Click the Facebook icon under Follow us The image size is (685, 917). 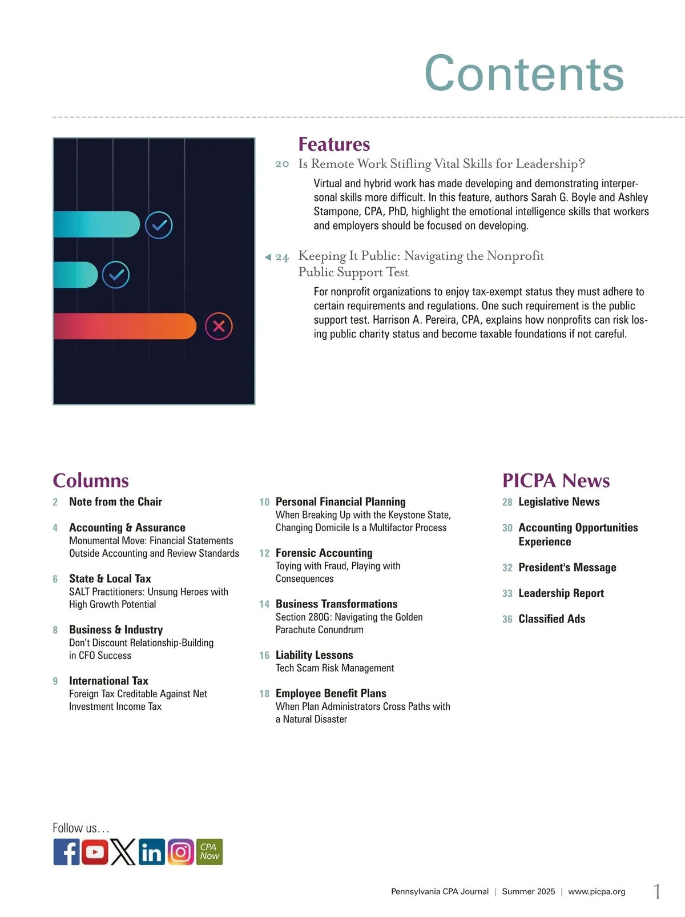coord(66,852)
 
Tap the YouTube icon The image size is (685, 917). coord(95,852)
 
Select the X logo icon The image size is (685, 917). coord(123,852)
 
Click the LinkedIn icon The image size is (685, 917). coord(151,852)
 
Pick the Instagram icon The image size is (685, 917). coord(180,852)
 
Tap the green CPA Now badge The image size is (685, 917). coord(209,852)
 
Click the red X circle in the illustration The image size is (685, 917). coord(219,327)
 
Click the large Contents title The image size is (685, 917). coord(524,74)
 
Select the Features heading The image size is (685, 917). coord(334,144)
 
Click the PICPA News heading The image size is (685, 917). coord(556,481)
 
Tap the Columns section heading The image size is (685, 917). coord(91,481)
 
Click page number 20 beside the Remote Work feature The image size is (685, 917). coord(282,164)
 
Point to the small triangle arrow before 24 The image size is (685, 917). coord(268,258)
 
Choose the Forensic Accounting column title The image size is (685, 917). coord(324,553)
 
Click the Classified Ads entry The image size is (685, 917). coord(551,619)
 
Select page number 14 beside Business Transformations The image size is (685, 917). coord(264,604)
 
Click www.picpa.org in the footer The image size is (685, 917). coord(597,891)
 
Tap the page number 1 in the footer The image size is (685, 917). coord(657,891)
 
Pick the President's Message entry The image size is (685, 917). coord(567,568)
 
